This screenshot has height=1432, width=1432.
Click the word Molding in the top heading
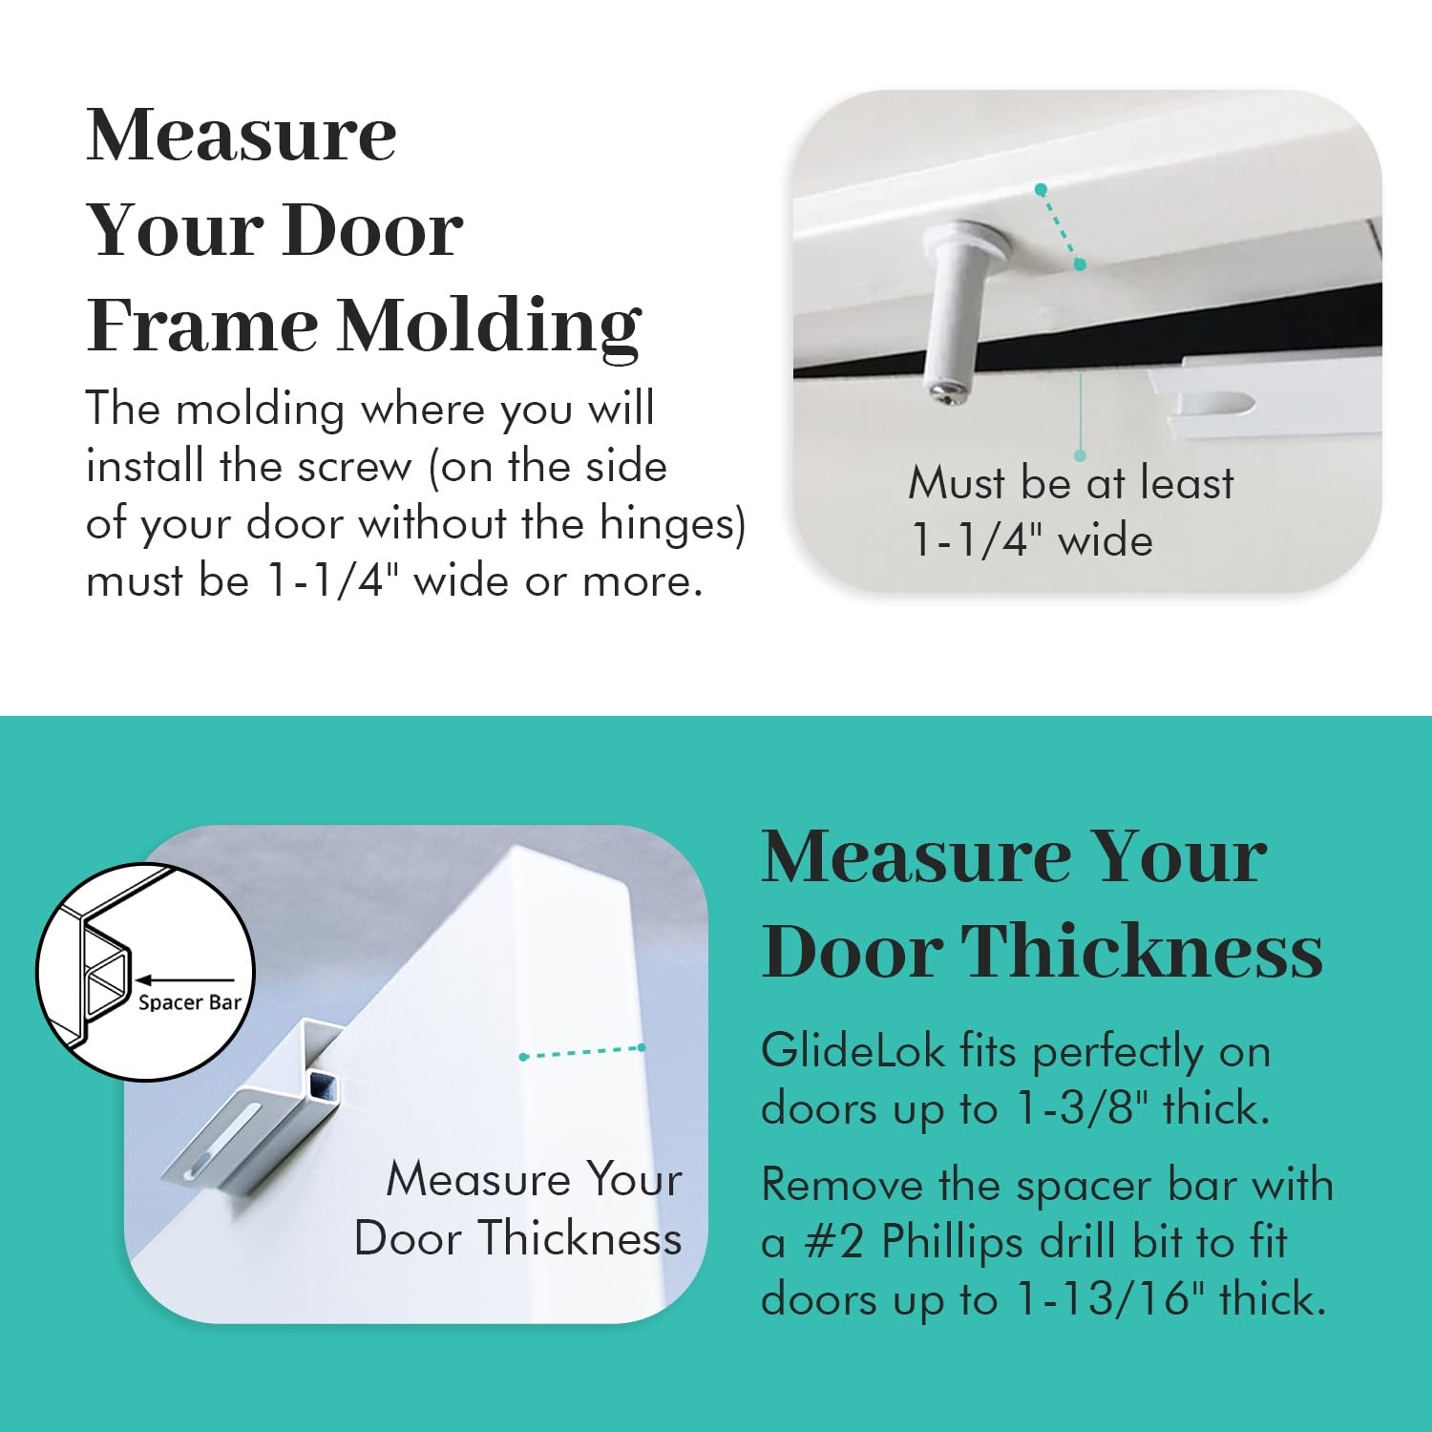(489, 326)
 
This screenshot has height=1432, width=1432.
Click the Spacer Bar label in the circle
(190, 1002)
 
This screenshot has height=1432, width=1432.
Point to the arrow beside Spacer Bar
(185, 979)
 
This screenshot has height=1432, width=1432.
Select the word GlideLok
(853, 1052)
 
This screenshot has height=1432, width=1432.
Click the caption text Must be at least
(1071, 483)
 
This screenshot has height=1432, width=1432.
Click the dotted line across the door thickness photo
(582, 1052)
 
